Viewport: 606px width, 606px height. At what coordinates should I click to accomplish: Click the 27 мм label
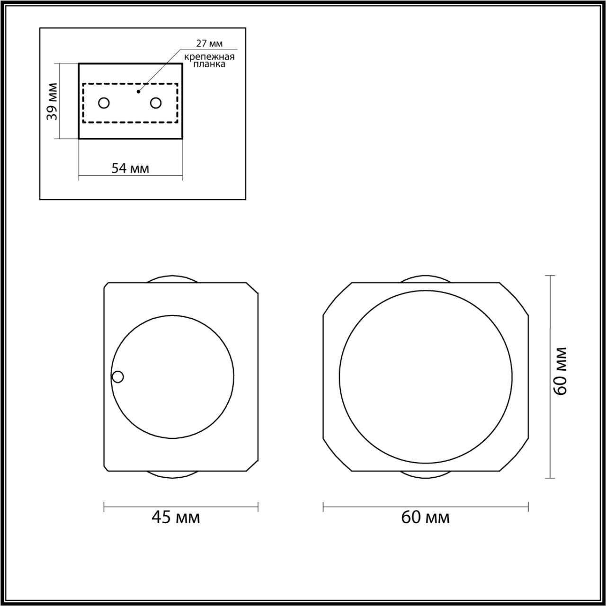[209, 44]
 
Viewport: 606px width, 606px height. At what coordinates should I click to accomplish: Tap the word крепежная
[209, 57]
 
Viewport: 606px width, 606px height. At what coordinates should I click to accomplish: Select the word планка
[209, 64]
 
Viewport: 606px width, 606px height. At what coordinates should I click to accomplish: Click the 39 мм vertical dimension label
[52, 101]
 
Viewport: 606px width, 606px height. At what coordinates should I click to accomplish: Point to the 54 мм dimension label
[130, 169]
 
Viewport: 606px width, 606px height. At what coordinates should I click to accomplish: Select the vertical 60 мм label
[561, 371]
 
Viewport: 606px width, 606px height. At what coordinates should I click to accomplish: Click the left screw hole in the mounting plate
[104, 103]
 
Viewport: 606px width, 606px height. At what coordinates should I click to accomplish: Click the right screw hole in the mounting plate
[156, 103]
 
